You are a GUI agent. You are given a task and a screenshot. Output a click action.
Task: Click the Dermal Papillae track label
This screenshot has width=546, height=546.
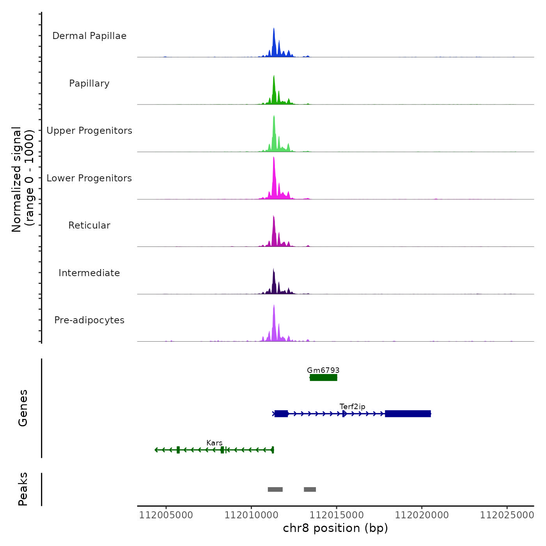89,36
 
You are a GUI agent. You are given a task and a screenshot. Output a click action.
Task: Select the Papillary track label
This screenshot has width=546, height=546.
89,83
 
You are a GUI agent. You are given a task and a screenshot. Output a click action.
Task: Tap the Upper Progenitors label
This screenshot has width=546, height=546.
89,131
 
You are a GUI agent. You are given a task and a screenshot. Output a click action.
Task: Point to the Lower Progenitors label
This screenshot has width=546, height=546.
89,178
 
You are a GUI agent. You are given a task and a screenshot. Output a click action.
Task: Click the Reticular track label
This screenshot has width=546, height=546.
89,225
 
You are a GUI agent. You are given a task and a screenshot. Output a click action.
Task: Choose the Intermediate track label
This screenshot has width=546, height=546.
89,273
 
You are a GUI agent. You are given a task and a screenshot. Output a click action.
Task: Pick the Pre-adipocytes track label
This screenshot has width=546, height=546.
89,320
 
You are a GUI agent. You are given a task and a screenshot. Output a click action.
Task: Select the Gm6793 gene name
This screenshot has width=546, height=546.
323,370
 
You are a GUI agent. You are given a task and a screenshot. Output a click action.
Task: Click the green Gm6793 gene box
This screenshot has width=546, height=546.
323,378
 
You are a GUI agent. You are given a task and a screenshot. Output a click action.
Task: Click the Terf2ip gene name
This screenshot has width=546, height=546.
353,406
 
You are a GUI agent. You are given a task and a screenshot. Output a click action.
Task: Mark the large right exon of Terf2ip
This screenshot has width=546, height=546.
408,414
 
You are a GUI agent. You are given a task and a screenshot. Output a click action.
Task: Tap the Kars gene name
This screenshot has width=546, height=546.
214,443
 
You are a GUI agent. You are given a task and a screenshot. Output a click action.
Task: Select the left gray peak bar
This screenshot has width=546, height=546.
275,489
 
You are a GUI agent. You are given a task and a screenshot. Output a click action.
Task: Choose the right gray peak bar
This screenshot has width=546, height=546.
310,489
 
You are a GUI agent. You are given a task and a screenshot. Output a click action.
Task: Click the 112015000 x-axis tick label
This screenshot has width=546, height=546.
337,515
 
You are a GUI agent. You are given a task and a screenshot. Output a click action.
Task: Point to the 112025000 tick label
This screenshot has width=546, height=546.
507,515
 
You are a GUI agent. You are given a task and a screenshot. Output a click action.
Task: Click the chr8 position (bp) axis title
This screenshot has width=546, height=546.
335,528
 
